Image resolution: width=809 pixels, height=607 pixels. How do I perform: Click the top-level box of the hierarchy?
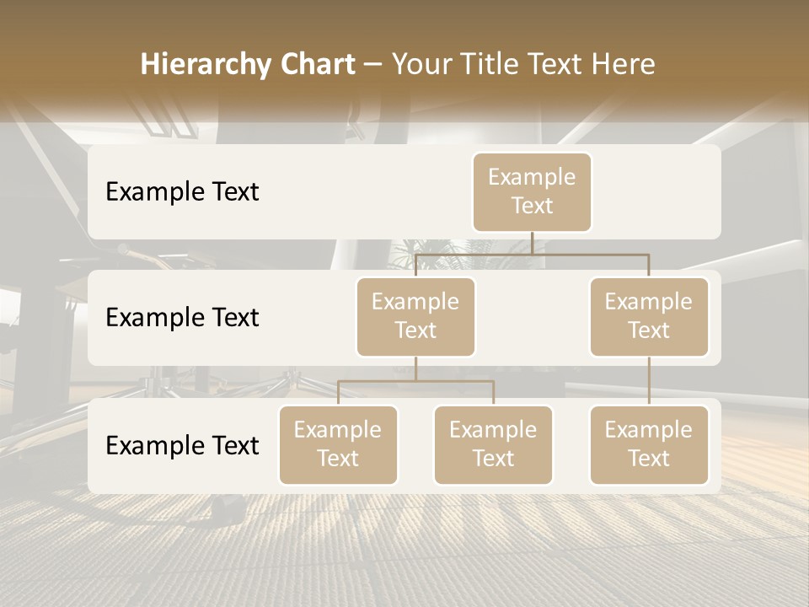(x=532, y=192)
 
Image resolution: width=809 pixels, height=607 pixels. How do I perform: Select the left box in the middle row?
(x=415, y=317)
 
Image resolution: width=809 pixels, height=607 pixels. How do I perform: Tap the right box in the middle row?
(x=649, y=317)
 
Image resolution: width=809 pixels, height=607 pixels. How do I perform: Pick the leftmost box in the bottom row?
(x=338, y=445)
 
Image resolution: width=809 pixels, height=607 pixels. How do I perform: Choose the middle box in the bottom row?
(x=493, y=445)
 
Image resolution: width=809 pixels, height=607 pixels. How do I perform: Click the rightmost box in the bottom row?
(x=649, y=445)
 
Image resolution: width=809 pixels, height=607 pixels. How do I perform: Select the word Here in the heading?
(x=624, y=65)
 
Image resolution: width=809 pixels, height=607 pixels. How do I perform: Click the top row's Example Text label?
(x=182, y=192)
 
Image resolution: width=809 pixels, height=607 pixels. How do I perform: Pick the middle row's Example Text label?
(x=182, y=318)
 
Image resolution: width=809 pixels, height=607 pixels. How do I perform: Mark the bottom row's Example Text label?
(x=182, y=446)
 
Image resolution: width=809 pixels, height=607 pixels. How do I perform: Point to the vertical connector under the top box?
(x=532, y=243)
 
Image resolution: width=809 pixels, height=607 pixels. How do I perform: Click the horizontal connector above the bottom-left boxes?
(x=415, y=381)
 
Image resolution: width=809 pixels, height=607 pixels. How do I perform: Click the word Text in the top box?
(x=532, y=207)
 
